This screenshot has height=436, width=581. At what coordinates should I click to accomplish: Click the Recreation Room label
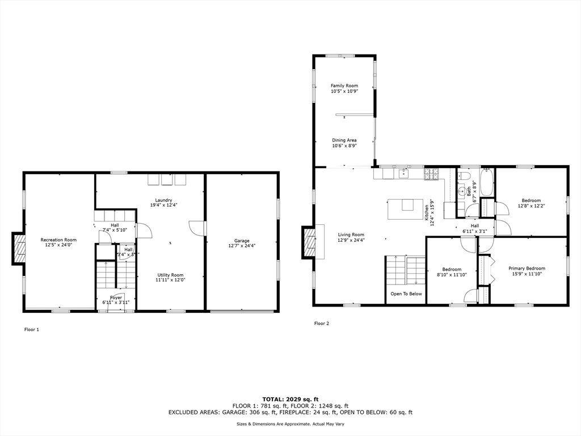point(58,240)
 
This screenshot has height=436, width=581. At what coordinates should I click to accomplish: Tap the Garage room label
point(242,241)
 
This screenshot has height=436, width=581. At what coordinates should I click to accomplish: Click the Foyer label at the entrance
point(116,297)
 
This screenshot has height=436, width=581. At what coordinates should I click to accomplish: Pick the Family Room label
point(344,86)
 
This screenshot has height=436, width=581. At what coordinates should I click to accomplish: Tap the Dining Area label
point(344,140)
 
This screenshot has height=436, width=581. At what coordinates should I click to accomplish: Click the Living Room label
point(351,234)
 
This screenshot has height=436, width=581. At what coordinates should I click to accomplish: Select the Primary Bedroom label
point(527,268)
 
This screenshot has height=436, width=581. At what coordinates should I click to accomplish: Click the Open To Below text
point(406,294)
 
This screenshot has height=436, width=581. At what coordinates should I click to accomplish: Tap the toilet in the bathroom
point(463,176)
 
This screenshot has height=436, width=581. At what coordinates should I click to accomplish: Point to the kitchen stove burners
point(431,173)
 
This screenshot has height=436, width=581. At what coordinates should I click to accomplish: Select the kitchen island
point(405,208)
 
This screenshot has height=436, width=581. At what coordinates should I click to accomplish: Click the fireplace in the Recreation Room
point(19,249)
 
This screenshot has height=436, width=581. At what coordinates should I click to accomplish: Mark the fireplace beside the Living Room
point(309,242)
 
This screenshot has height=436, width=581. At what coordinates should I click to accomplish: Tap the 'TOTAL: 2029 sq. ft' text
point(290,399)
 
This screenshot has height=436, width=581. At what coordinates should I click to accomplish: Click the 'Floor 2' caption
point(322,324)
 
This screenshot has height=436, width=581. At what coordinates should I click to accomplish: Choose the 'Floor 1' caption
point(31,329)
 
